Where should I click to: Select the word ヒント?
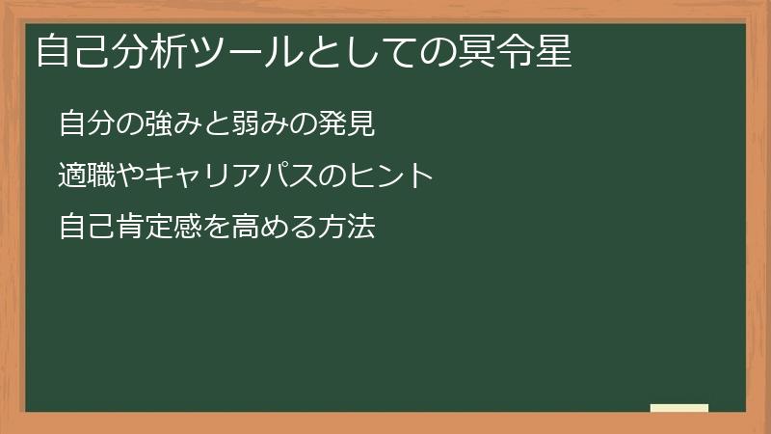383,176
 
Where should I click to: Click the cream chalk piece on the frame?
679,408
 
